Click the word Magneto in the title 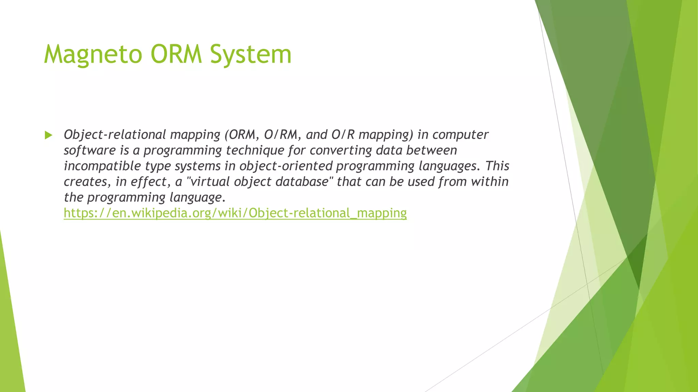[93, 54]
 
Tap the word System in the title [251, 54]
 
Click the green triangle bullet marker [48, 135]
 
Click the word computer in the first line [460, 135]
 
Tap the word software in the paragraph [90, 150]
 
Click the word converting [341, 150]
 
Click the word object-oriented [286, 166]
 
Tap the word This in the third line [497, 166]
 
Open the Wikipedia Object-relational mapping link [235, 213]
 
